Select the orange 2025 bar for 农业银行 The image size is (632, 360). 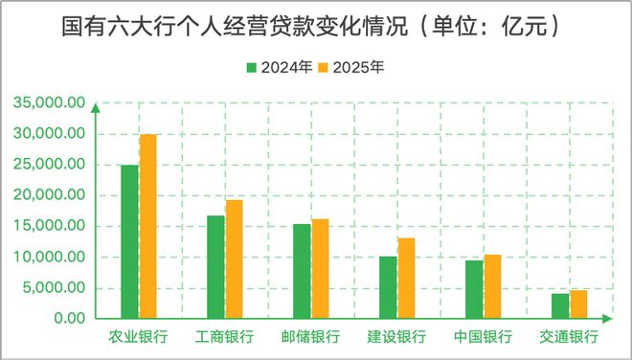[x=147, y=226]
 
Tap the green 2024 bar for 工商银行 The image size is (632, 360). [x=215, y=267]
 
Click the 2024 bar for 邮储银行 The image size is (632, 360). [x=302, y=271]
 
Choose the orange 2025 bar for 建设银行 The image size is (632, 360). [x=406, y=278]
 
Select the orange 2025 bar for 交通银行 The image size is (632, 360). [x=578, y=304]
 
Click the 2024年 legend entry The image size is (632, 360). [x=279, y=69]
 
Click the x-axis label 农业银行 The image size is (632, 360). [x=139, y=337]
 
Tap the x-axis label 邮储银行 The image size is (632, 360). [x=310, y=337]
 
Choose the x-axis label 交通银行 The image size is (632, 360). [x=569, y=337]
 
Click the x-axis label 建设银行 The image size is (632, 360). [x=396, y=337]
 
